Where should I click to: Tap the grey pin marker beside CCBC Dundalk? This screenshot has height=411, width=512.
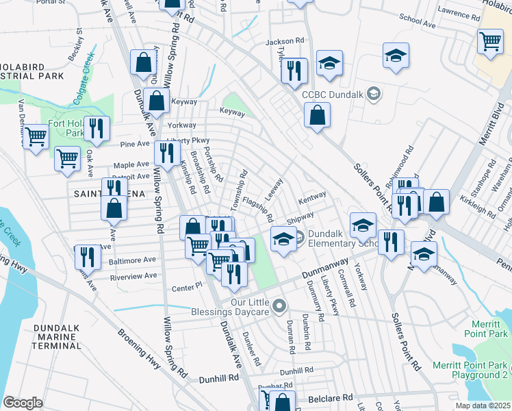click(x=373, y=94)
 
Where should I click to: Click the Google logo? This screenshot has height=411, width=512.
click(x=23, y=402)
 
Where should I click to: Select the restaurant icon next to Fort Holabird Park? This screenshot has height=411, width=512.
click(x=97, y=128)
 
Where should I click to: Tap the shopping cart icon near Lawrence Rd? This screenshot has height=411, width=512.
click(x=490, y=41)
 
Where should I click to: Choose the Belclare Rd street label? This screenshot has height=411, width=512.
click(x=329, y=397)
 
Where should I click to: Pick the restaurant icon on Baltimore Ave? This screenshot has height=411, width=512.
click(x=88, y=256)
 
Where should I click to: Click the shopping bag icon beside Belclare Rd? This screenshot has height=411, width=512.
click(x=281, y=401)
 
